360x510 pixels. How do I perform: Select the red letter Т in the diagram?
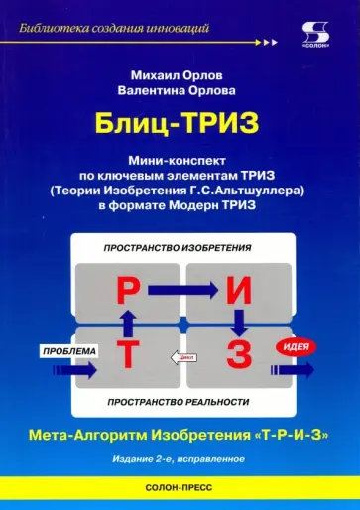click(x=130, y=354)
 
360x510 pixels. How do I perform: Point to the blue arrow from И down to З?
click(x=238, y=321)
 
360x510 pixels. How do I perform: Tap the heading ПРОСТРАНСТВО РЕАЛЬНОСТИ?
click(x=181, y=401)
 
